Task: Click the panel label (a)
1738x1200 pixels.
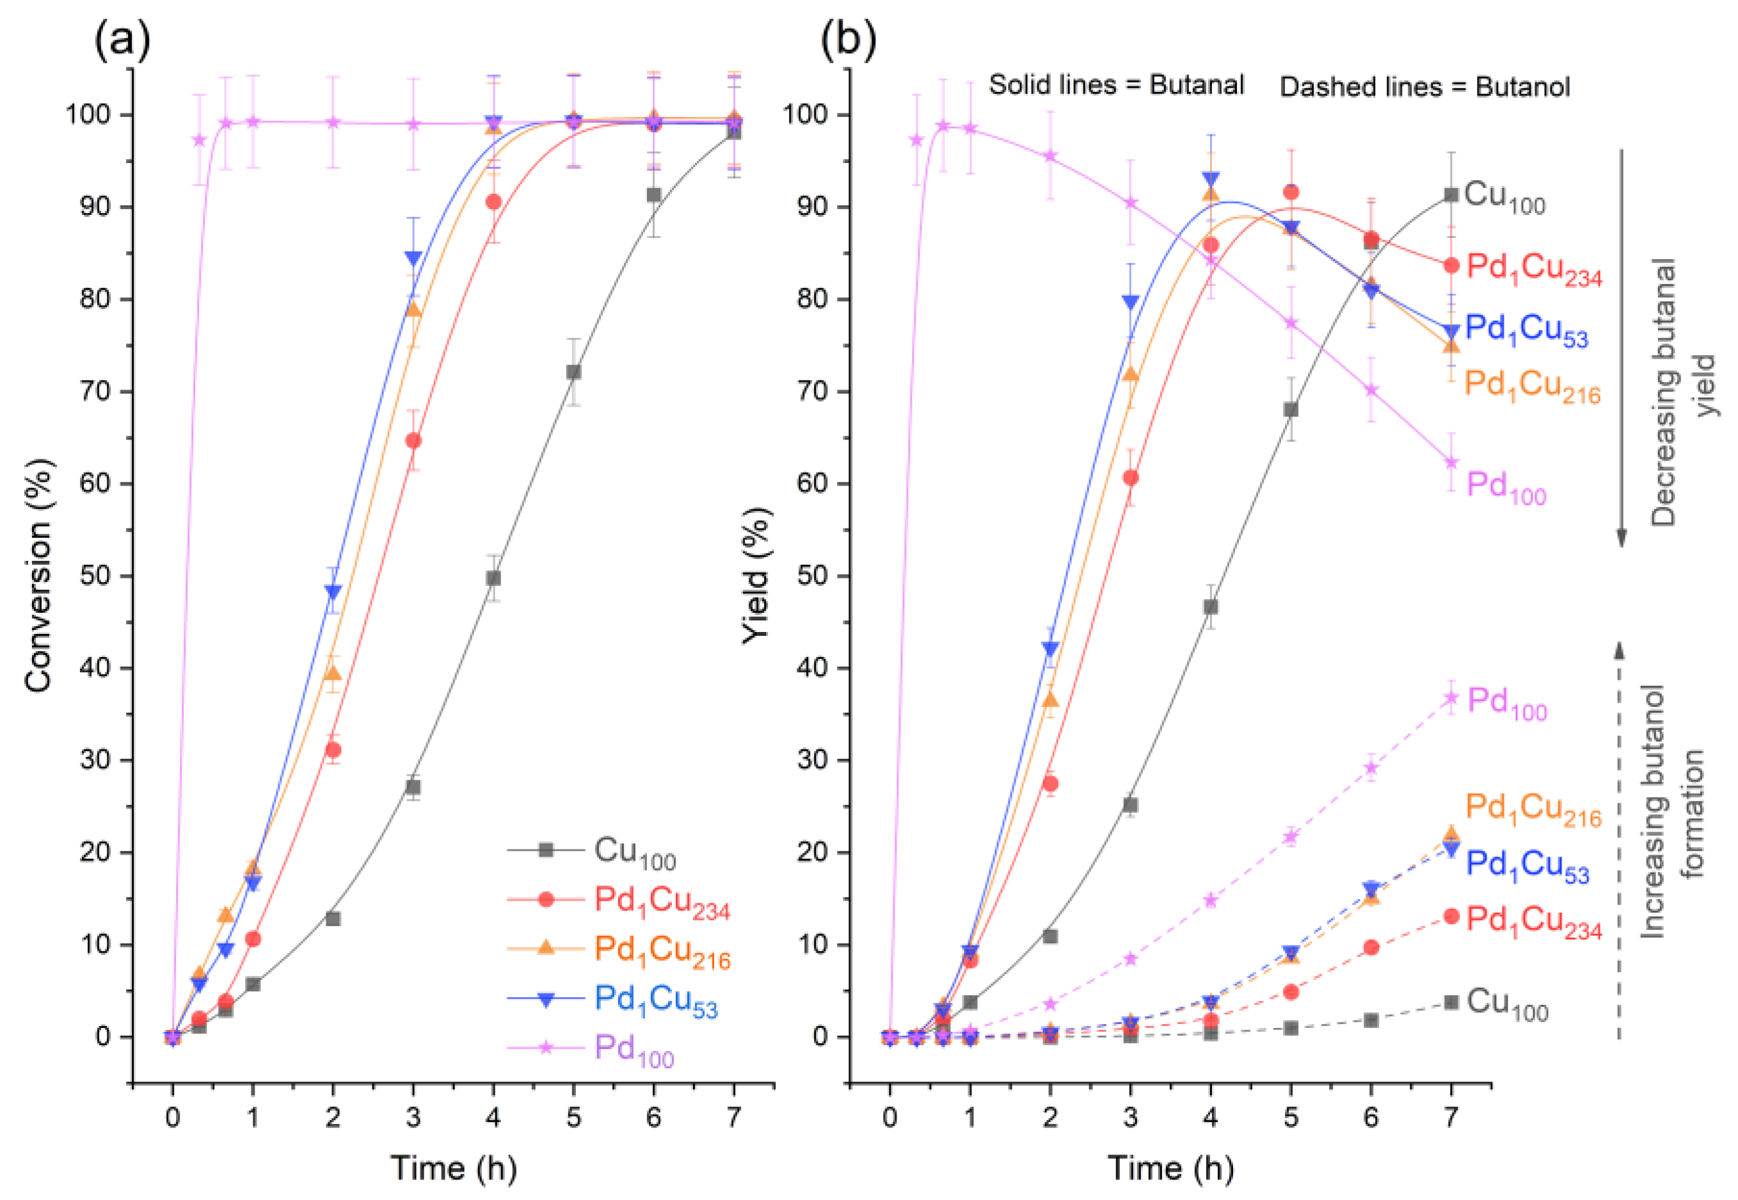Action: (122, 42)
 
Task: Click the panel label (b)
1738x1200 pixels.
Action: (848, 42)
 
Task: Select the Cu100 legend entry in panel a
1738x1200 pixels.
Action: (634, 852)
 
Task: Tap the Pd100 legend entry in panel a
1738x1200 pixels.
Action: (634, 1048)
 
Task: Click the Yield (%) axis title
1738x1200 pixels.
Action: (756, 576)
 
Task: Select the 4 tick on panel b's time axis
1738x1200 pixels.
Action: (1210, 1117)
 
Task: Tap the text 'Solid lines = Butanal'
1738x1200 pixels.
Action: (1116, 84)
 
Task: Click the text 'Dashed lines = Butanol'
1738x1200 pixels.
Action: (1424, 87)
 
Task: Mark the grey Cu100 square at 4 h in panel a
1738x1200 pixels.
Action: (493, 578)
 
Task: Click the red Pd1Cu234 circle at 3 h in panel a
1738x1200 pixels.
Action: (413, 441)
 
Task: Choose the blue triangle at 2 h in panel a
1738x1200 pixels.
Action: (333, 592)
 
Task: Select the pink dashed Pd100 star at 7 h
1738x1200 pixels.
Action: (1451, 698)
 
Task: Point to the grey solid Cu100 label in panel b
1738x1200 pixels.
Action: (1504, 197)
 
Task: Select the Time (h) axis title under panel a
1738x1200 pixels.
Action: (454, 1167)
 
